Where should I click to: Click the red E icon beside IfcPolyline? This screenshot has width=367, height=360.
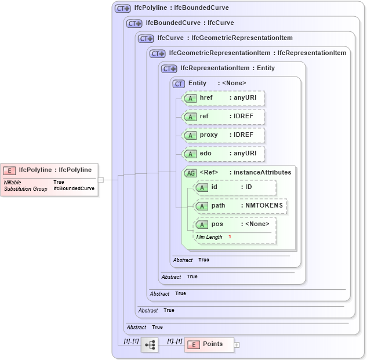point(9,170)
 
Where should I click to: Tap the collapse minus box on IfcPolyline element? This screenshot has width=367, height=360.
point(100,180)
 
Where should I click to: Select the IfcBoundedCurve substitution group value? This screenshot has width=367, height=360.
point(74,189)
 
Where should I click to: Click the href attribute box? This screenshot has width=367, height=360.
point(223,98)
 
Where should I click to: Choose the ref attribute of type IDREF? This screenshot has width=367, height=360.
point(223,117)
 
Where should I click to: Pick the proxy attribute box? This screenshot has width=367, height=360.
point(223,135)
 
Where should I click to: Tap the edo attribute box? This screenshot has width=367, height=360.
point(223,154)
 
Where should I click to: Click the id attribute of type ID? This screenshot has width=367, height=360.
point(235,187)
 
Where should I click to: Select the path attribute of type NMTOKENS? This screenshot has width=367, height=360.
point(240,206)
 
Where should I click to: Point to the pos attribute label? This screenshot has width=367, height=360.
point(217,224)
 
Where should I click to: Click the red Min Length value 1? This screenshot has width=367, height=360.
point(230,237)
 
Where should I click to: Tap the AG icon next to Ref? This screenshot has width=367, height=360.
point(190,172)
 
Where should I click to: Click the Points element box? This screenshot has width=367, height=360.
point(208,344)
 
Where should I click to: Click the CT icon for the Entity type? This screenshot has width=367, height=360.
point(179,83)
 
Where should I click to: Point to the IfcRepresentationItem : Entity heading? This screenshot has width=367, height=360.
point(227,68)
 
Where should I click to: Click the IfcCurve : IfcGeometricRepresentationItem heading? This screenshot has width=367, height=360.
point(224,38)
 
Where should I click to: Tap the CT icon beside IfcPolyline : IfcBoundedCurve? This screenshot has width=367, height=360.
point(122,8)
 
